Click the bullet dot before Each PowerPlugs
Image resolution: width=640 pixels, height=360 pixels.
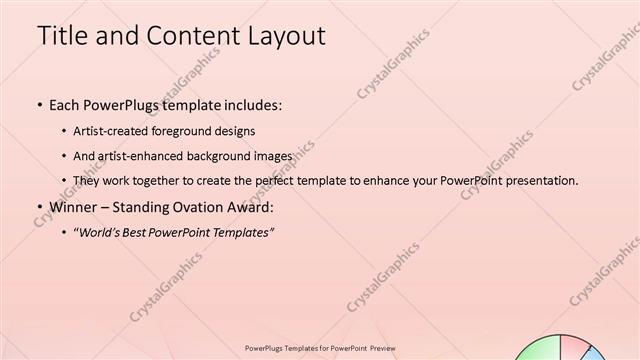39,104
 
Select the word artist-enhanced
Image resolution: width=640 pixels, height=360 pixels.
142,156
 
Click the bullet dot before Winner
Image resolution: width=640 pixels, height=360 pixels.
39,208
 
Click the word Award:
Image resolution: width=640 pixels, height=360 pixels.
248,208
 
